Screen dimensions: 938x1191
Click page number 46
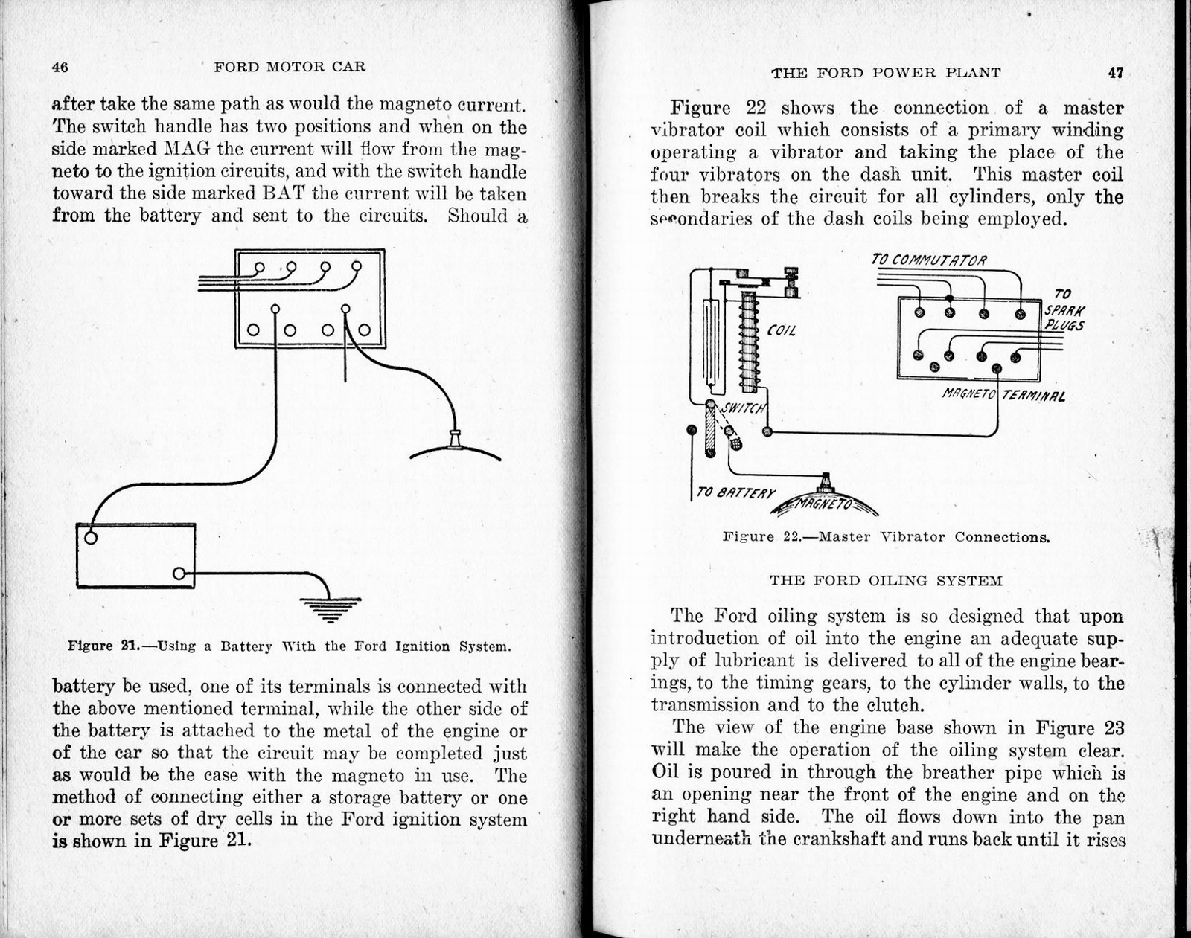60,67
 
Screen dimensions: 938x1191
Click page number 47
1115,73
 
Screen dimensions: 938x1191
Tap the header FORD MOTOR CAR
290,67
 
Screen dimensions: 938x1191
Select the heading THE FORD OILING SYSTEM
885,581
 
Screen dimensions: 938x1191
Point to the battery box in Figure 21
135,556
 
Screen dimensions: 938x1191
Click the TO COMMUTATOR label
928,260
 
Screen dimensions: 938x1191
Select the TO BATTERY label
735,493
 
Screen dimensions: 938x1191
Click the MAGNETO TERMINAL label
1003,395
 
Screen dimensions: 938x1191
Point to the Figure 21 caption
290,646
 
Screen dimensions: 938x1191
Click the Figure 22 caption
886,537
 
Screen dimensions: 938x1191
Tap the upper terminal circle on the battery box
90,538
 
